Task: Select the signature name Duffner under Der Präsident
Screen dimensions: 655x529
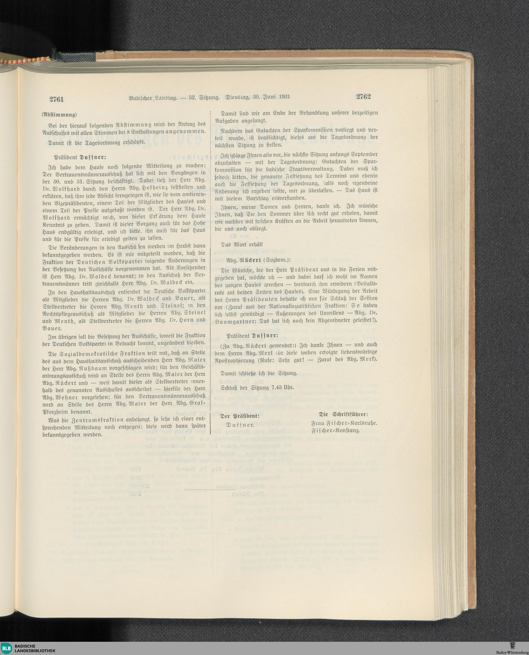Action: (x=239, y=425)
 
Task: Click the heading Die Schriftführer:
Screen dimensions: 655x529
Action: (x=343, y=415)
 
